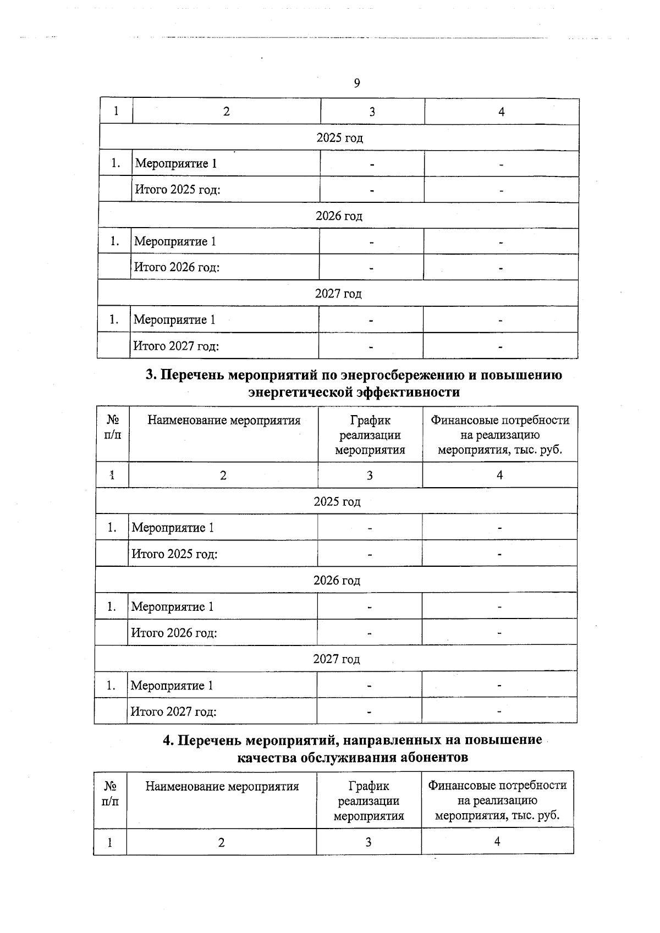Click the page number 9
click(x=357, y=83)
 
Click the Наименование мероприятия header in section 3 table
click(x=224, y=421)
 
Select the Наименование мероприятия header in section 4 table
click(x=222, y=786)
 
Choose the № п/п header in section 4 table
click(x=110, y=794)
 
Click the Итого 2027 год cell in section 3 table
click(x=173, y=711)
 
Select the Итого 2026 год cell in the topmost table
click(x=177, y=267)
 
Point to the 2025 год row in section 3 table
click(x=337, y=501)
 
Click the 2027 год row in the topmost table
click(x=338, y=294)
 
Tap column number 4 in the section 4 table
click(x=497, y=841)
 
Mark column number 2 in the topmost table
click(x=226, y=112)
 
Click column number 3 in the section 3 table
click(x=370, y=475)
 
